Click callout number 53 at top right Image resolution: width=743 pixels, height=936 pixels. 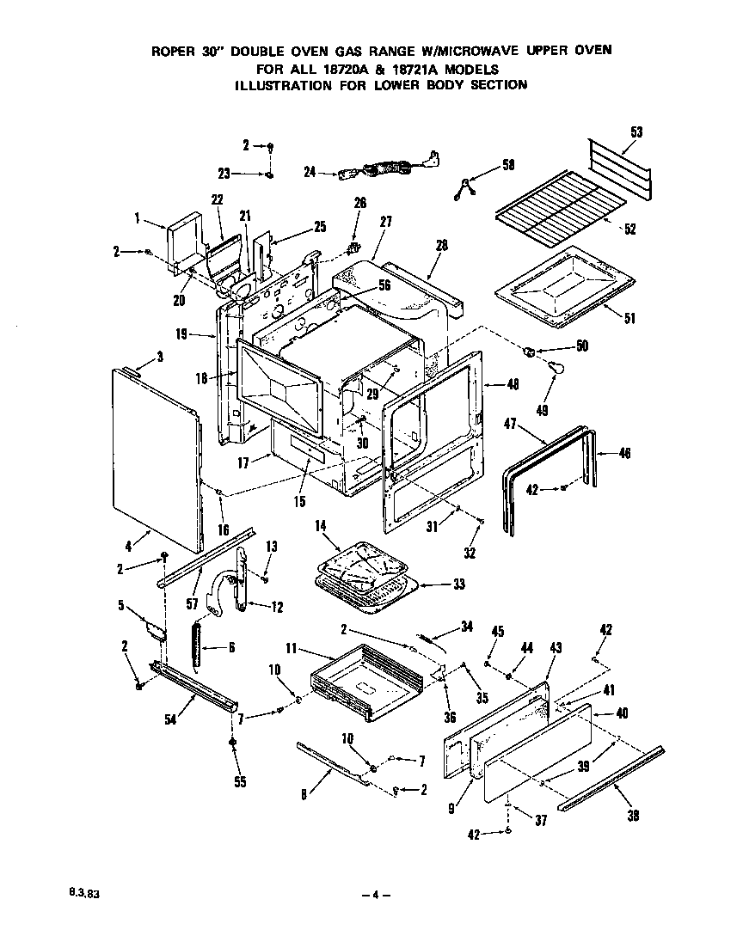pos(636,132)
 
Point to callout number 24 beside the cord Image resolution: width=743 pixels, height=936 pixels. pos(310,172)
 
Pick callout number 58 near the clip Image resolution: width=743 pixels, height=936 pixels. pos(508,163)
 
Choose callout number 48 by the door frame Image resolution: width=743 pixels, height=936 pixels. pos(513,384)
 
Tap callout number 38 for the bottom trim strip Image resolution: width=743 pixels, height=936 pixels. pos(634,816)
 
